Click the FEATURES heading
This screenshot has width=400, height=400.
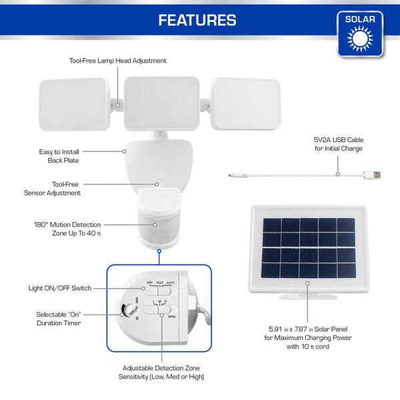(x=197, y=20)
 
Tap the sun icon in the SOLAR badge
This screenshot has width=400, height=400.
(x=360, y=41)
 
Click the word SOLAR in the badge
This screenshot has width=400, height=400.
(x=360, y=19)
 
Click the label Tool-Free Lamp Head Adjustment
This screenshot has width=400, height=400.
(x=118, y=61)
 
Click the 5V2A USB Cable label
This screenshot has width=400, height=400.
(x=338, y=144)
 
